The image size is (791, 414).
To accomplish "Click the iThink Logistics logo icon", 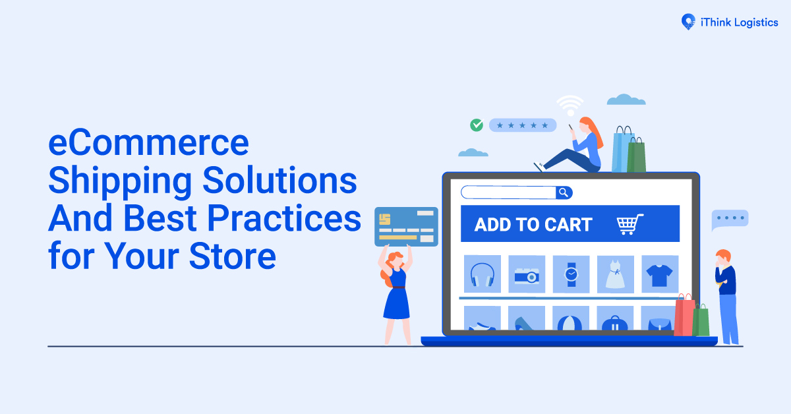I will pyautogui.click(x=688, y=21).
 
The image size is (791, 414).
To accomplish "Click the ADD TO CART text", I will pyautogui.click(x=533, y=224).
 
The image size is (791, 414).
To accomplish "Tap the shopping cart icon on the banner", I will pyautogui.click(x=630, y=224).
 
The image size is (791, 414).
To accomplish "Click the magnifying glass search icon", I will pyautogui.click(x=564, y=192).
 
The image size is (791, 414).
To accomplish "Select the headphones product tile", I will pyautogui.click(x=482, y=274).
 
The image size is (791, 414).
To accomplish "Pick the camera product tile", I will pyautogui.click(x=526, y=274).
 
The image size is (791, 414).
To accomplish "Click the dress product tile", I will pyautogui.click(x=615, y=274).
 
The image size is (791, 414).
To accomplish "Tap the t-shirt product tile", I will pyautogui.click(x=659, y=274).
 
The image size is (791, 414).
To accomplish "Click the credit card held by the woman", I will pyautogui.click(x=406, y=227).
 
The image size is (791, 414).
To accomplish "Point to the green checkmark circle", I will pyautogui.click(x=476, y=125).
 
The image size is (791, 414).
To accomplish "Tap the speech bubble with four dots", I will pyautogui.click(x=730, y=219).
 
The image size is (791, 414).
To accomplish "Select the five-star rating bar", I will pyautogui.click(x=523, y=125).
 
